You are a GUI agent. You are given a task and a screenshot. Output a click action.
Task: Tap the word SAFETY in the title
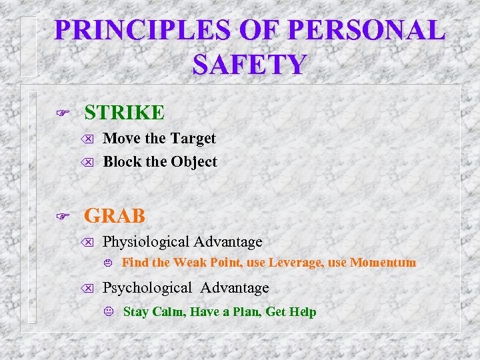click(x=249, y=65)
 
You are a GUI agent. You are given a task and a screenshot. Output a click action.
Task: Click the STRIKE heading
click(x=124, y=113)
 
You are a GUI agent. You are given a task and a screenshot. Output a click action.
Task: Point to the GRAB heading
click(x=114, y=215)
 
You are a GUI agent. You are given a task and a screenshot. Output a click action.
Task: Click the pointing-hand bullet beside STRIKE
click(x=64, y=113)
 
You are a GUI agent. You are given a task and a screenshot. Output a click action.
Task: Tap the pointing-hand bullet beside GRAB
click(x=64, y=216)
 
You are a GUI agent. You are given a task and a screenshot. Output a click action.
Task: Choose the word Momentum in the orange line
click(x=383, y=263)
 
